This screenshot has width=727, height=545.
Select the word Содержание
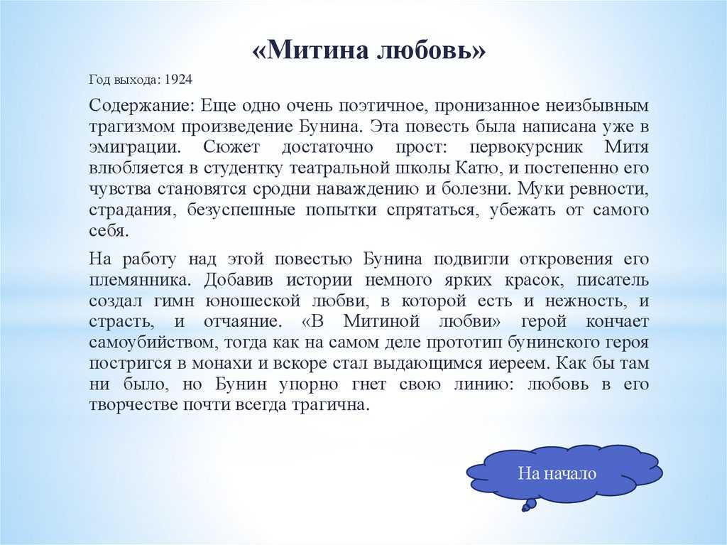pos(138,106)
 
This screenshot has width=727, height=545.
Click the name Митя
pos(627,149)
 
